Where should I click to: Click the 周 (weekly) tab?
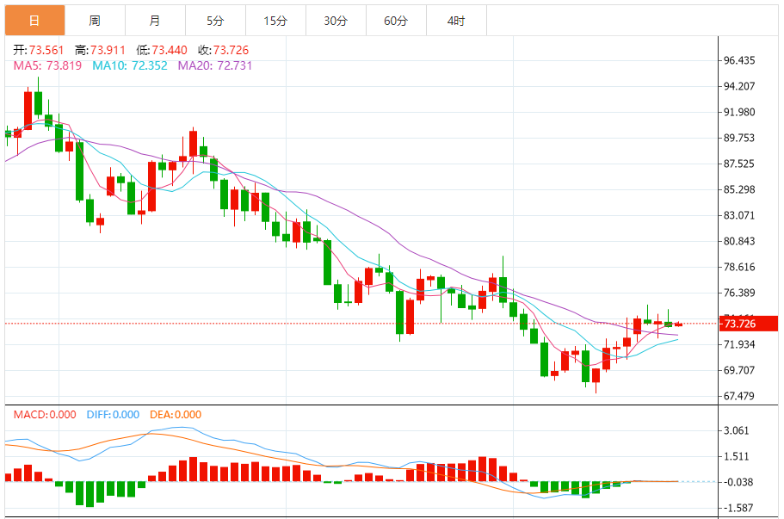[95, 20]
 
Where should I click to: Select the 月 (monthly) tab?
[154, 20]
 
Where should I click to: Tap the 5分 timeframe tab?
[215, 20]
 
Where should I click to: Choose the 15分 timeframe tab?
[275, 20]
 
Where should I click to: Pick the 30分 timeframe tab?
[336, 20]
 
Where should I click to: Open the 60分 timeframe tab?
[396, 20]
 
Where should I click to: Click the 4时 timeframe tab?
[456, 20]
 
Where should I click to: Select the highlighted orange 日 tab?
[34, 20]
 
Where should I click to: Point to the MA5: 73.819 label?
[47, 65]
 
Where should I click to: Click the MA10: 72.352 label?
[129, 65]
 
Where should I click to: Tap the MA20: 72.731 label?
[215, 65]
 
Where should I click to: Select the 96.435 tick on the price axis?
[739, 60]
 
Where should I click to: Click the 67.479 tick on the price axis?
[739, 396]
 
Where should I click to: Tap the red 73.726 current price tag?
[749, 324]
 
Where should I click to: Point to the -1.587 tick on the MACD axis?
[739, 508]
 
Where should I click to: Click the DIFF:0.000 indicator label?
[113, 415]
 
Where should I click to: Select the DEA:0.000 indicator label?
[176, 415]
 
